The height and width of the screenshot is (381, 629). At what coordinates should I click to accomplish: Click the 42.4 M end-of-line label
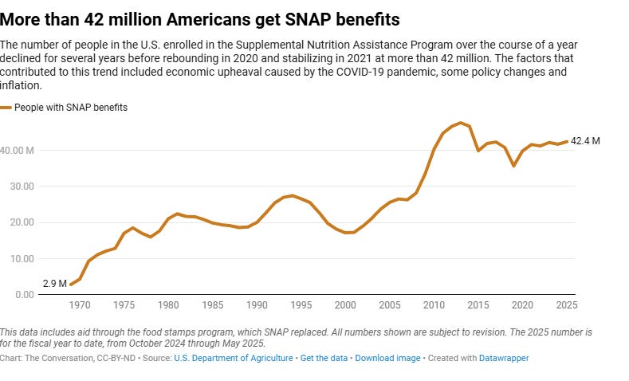coord(586,141)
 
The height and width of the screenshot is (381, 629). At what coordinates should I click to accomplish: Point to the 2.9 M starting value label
coord(55,284)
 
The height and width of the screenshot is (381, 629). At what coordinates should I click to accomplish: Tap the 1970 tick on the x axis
coord(80,305)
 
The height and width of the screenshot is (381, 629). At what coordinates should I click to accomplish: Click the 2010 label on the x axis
coord(434,305)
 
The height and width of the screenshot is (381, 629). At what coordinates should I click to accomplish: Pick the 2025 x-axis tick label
coord(567,305)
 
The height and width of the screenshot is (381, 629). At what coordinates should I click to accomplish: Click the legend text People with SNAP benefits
coord(72,107)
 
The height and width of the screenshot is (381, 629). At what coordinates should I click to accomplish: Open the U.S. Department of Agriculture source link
coord(234,359)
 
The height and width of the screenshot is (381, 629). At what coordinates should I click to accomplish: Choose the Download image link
coord(387,359)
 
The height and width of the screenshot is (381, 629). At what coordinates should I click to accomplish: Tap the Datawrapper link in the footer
coord(504,359)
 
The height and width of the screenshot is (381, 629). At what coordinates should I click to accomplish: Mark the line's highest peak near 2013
coord(461,123)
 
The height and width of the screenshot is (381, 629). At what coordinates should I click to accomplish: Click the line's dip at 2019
coord(514,166)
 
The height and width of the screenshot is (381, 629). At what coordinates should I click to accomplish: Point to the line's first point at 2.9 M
coord(71,285)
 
